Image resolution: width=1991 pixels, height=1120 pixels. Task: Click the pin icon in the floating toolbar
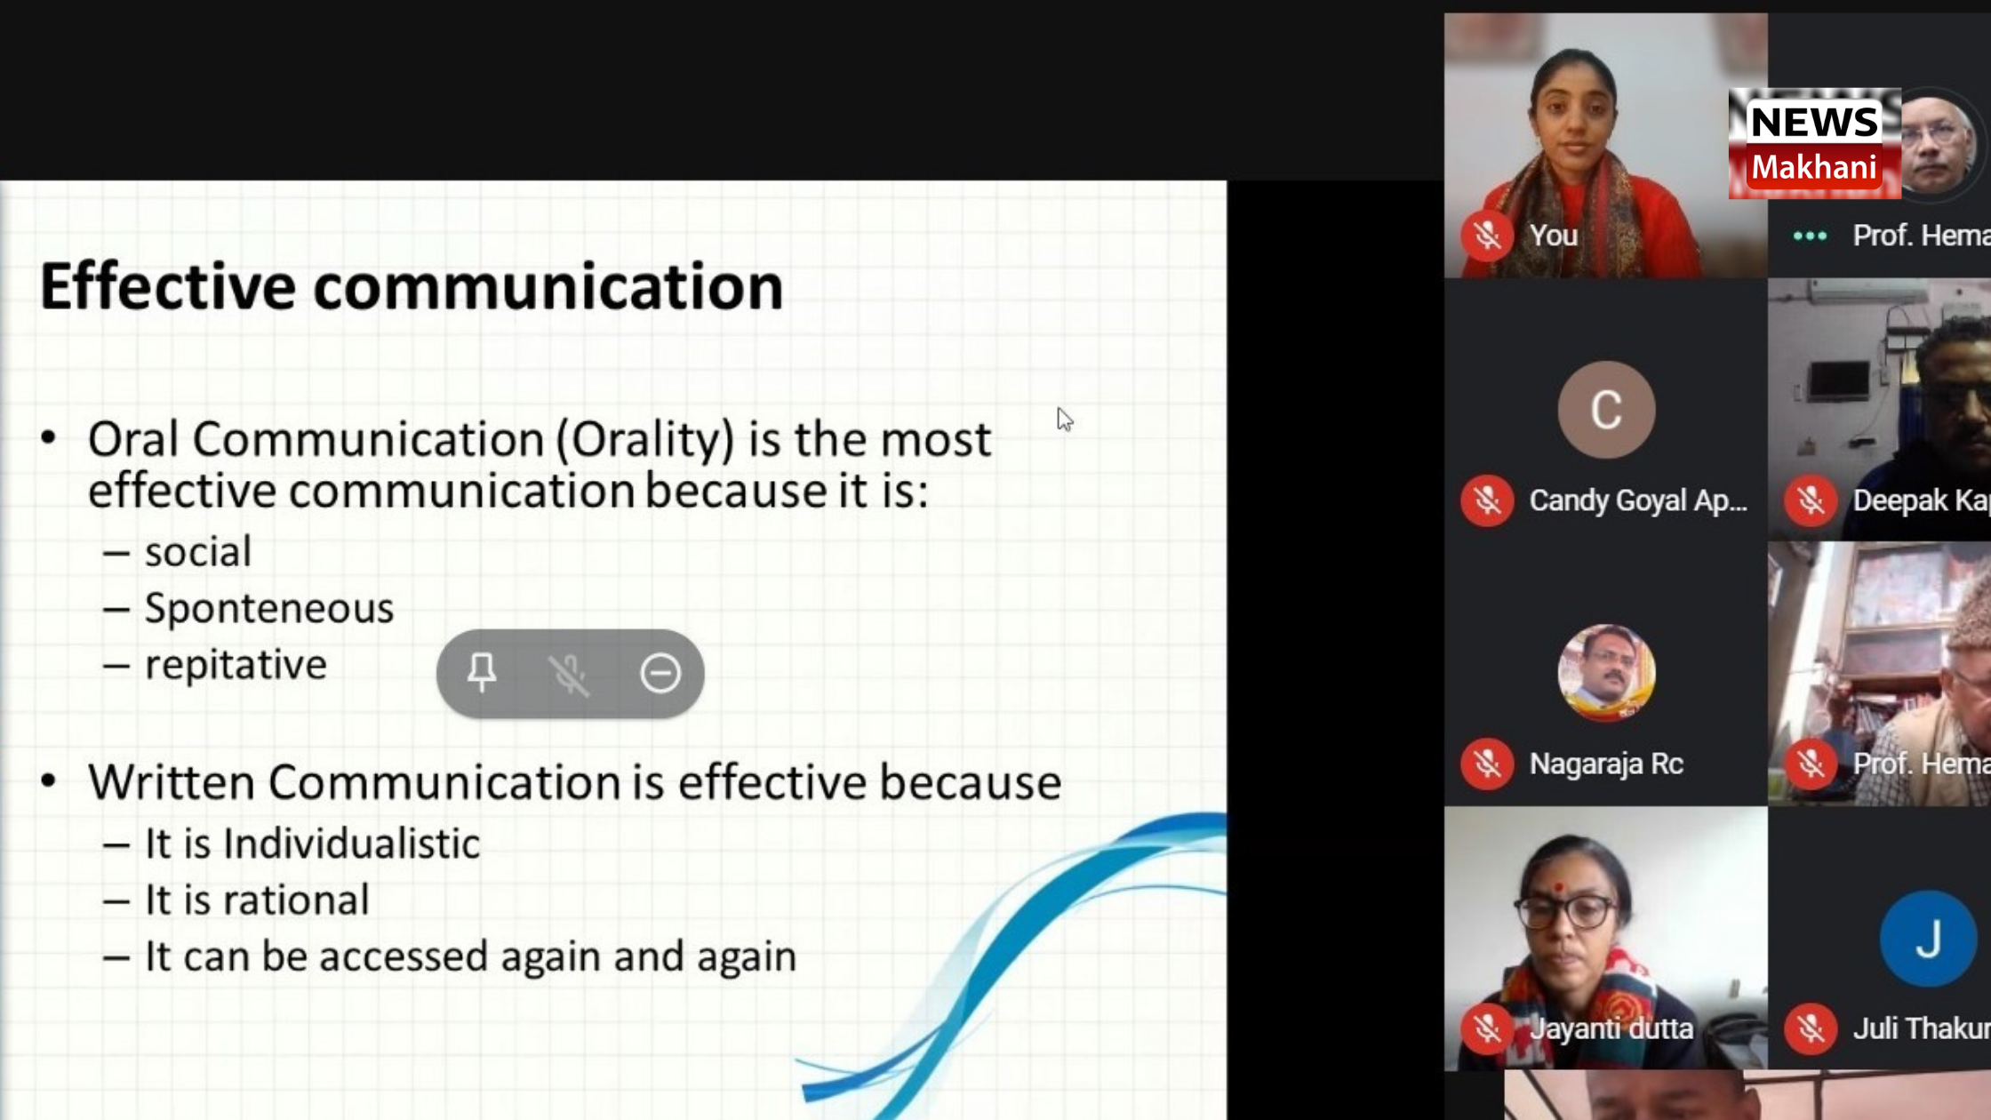click(x=482, y=672)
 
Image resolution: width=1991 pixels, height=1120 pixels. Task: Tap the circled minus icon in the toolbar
click(x=660, y=673)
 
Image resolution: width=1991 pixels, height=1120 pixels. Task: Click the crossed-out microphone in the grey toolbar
click(x=569, y=674)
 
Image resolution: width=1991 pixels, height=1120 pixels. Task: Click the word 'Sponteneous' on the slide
click(x=269, y=608)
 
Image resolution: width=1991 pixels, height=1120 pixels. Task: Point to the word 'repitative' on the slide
click(x=236, y=665)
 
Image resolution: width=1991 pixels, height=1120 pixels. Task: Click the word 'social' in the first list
click(x=198, y=551)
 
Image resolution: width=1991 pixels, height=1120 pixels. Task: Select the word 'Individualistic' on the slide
click(x=352, y=843)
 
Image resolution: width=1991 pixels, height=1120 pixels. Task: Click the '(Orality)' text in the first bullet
click(x=645, y=440)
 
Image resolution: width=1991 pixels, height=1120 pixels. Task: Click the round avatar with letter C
click(x=1606, y=410)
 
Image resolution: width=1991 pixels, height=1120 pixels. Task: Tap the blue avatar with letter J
click(x=1928, y=939)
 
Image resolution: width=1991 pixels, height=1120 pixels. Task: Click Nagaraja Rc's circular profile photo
click(x=1606, y=673)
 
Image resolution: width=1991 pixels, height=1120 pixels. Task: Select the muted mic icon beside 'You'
click(x=1487, y=236)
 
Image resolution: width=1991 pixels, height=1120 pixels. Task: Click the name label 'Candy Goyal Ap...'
click(x=1638, y=500)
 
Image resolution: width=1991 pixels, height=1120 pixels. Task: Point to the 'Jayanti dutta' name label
click(x=1611, y=1028)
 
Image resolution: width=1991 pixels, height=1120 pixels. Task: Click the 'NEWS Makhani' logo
click(x=1814, y=143)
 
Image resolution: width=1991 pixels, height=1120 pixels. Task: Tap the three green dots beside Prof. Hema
click(x=1810, y=236)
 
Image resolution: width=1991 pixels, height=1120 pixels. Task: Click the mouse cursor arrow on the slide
click(x=1065, y=420)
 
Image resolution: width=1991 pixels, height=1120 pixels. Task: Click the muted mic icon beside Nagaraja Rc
click(x=1487, y=764)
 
